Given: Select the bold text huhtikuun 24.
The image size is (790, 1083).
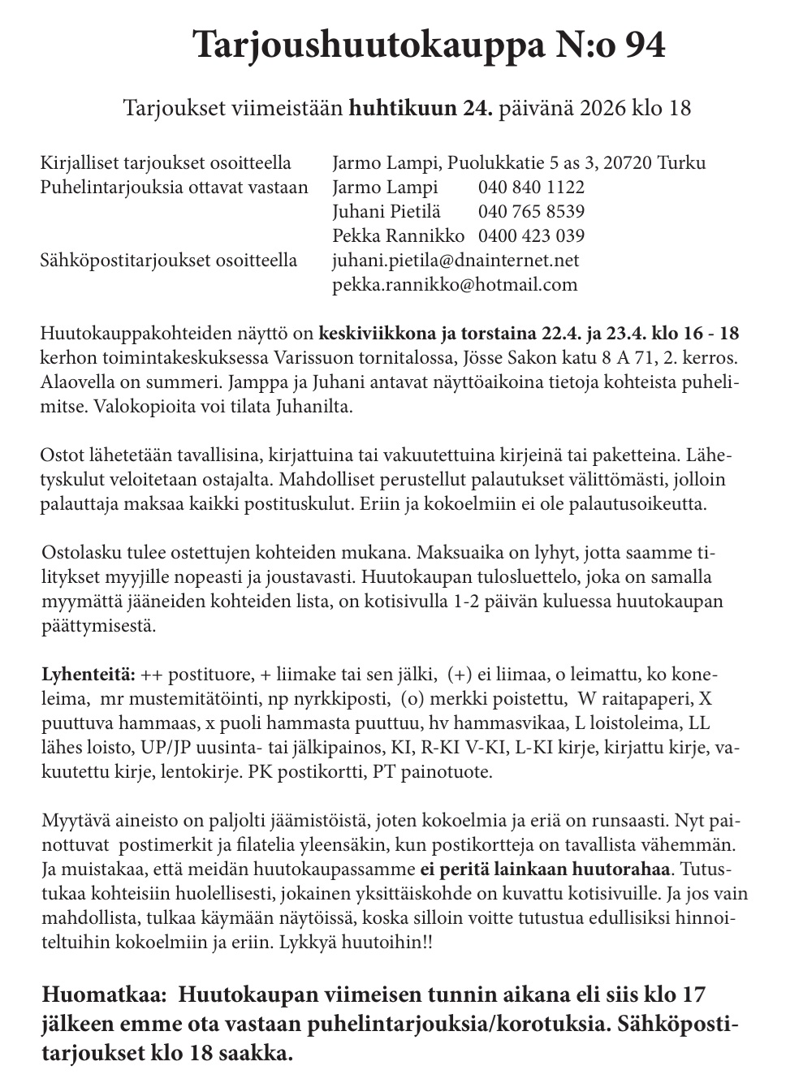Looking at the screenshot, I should pos(421,108).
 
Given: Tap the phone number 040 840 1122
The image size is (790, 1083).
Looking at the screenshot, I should pos(531,188).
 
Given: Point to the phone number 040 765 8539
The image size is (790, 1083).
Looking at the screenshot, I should pos(531,212).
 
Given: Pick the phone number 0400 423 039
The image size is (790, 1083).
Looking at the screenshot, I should pos(531,236).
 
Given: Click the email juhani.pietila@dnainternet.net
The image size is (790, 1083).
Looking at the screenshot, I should pos(455,261).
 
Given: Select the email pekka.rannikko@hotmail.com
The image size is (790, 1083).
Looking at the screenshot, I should pos(455,285).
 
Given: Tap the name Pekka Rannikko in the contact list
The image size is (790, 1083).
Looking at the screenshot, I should pos(399,236).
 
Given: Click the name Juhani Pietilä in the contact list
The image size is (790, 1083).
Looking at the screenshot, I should pos(386,212).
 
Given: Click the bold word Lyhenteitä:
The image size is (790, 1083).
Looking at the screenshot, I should pos(88,675).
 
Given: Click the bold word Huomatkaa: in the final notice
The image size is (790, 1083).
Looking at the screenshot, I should pos(103,995).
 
